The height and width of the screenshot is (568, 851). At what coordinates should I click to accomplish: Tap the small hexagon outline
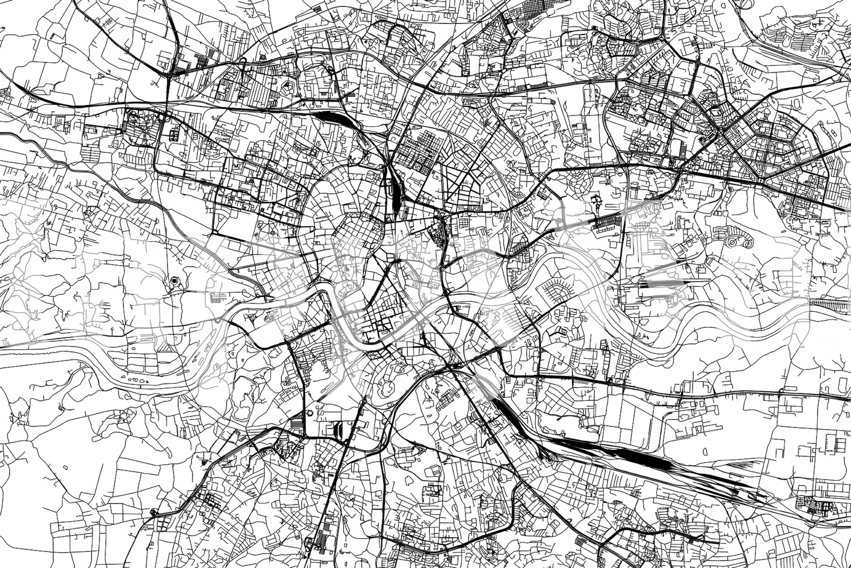pyautogui.click(x=310, y=413)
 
